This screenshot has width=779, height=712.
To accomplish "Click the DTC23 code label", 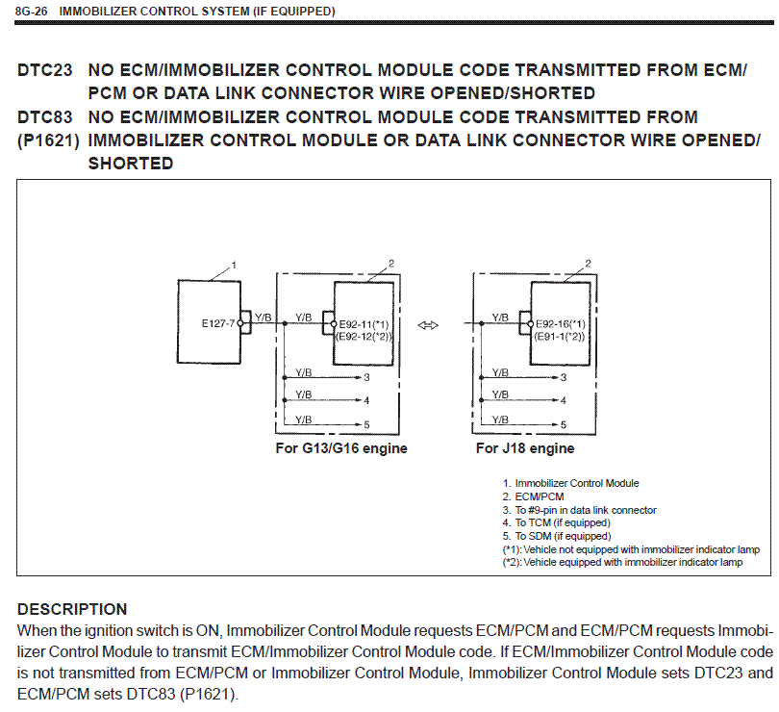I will coord(44,71).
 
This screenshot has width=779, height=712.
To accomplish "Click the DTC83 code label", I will coord(44,117).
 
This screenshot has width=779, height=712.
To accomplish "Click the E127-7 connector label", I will coord(218,324).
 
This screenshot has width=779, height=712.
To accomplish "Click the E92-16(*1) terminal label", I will coord(562,324).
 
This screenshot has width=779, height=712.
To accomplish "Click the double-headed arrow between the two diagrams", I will coord(430,324).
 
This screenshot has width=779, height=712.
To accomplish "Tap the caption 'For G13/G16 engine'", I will coord(340,448).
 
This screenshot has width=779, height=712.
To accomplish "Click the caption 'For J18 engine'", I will coord(525,448).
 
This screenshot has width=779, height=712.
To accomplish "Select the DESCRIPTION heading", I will coord(72,609).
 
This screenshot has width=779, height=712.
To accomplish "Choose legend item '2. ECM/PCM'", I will coord(535,496).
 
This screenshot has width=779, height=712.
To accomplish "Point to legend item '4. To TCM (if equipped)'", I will coord(556,522).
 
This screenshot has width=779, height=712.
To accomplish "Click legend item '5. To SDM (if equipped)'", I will coord(556,536).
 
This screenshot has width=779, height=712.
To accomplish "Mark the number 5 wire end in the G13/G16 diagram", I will coord(365,424).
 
